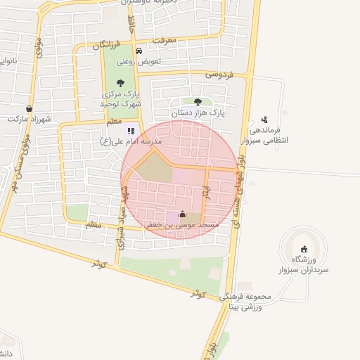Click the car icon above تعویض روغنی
point(139,51)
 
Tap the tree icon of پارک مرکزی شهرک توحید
point(120,83)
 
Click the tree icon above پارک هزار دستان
point(198,102)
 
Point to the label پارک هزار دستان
point(198,112)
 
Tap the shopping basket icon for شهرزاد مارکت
point(29,109)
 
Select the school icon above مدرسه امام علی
point(130,131)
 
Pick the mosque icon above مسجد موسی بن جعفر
point(183,214)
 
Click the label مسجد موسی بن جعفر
point(182,225)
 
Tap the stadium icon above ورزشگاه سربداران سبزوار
point(303,249)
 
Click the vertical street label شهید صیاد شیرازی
point(122,205)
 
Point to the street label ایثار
point(206,190)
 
